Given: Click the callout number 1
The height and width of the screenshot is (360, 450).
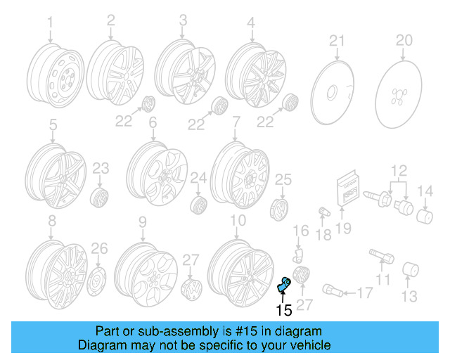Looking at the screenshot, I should [50, 24].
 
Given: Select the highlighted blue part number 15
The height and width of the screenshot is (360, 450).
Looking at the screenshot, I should [285, 284].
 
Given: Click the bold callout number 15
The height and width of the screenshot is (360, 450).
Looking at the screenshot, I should [283, 310].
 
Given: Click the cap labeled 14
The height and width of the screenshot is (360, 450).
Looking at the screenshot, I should [425, 214].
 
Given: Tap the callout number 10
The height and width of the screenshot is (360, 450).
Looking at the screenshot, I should [238, 220].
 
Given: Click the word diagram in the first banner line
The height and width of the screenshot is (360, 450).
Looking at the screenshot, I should [302, 331].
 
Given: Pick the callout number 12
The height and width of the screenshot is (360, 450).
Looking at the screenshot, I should [399, 169].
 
